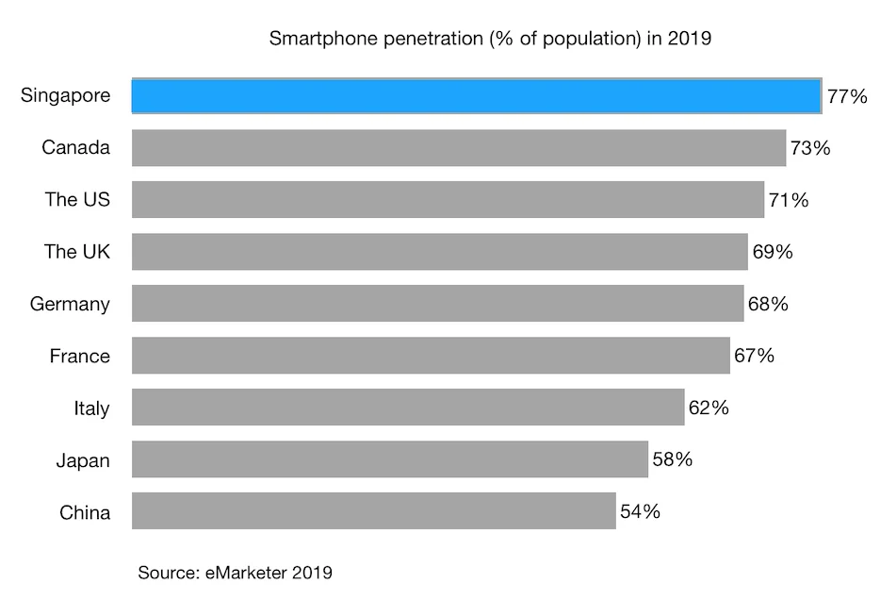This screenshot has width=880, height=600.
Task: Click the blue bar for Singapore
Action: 476,96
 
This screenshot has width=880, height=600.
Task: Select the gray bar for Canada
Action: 459,148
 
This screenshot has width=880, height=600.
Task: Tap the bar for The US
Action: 448,200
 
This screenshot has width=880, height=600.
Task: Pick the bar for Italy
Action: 408,408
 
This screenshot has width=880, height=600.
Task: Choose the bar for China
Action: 373,511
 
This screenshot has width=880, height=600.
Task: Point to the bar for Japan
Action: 390,459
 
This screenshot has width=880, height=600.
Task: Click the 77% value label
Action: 846,96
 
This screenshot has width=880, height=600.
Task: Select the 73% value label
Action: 810,148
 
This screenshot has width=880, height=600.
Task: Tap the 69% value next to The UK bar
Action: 773,252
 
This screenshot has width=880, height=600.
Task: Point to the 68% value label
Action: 768,304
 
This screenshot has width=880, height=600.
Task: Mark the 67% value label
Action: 754,356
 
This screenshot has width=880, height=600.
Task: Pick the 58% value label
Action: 673,459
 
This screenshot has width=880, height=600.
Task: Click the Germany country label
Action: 70,305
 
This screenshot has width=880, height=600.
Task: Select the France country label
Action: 79,357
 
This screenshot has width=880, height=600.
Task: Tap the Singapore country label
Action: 65,96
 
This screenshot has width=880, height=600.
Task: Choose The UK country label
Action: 76,252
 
